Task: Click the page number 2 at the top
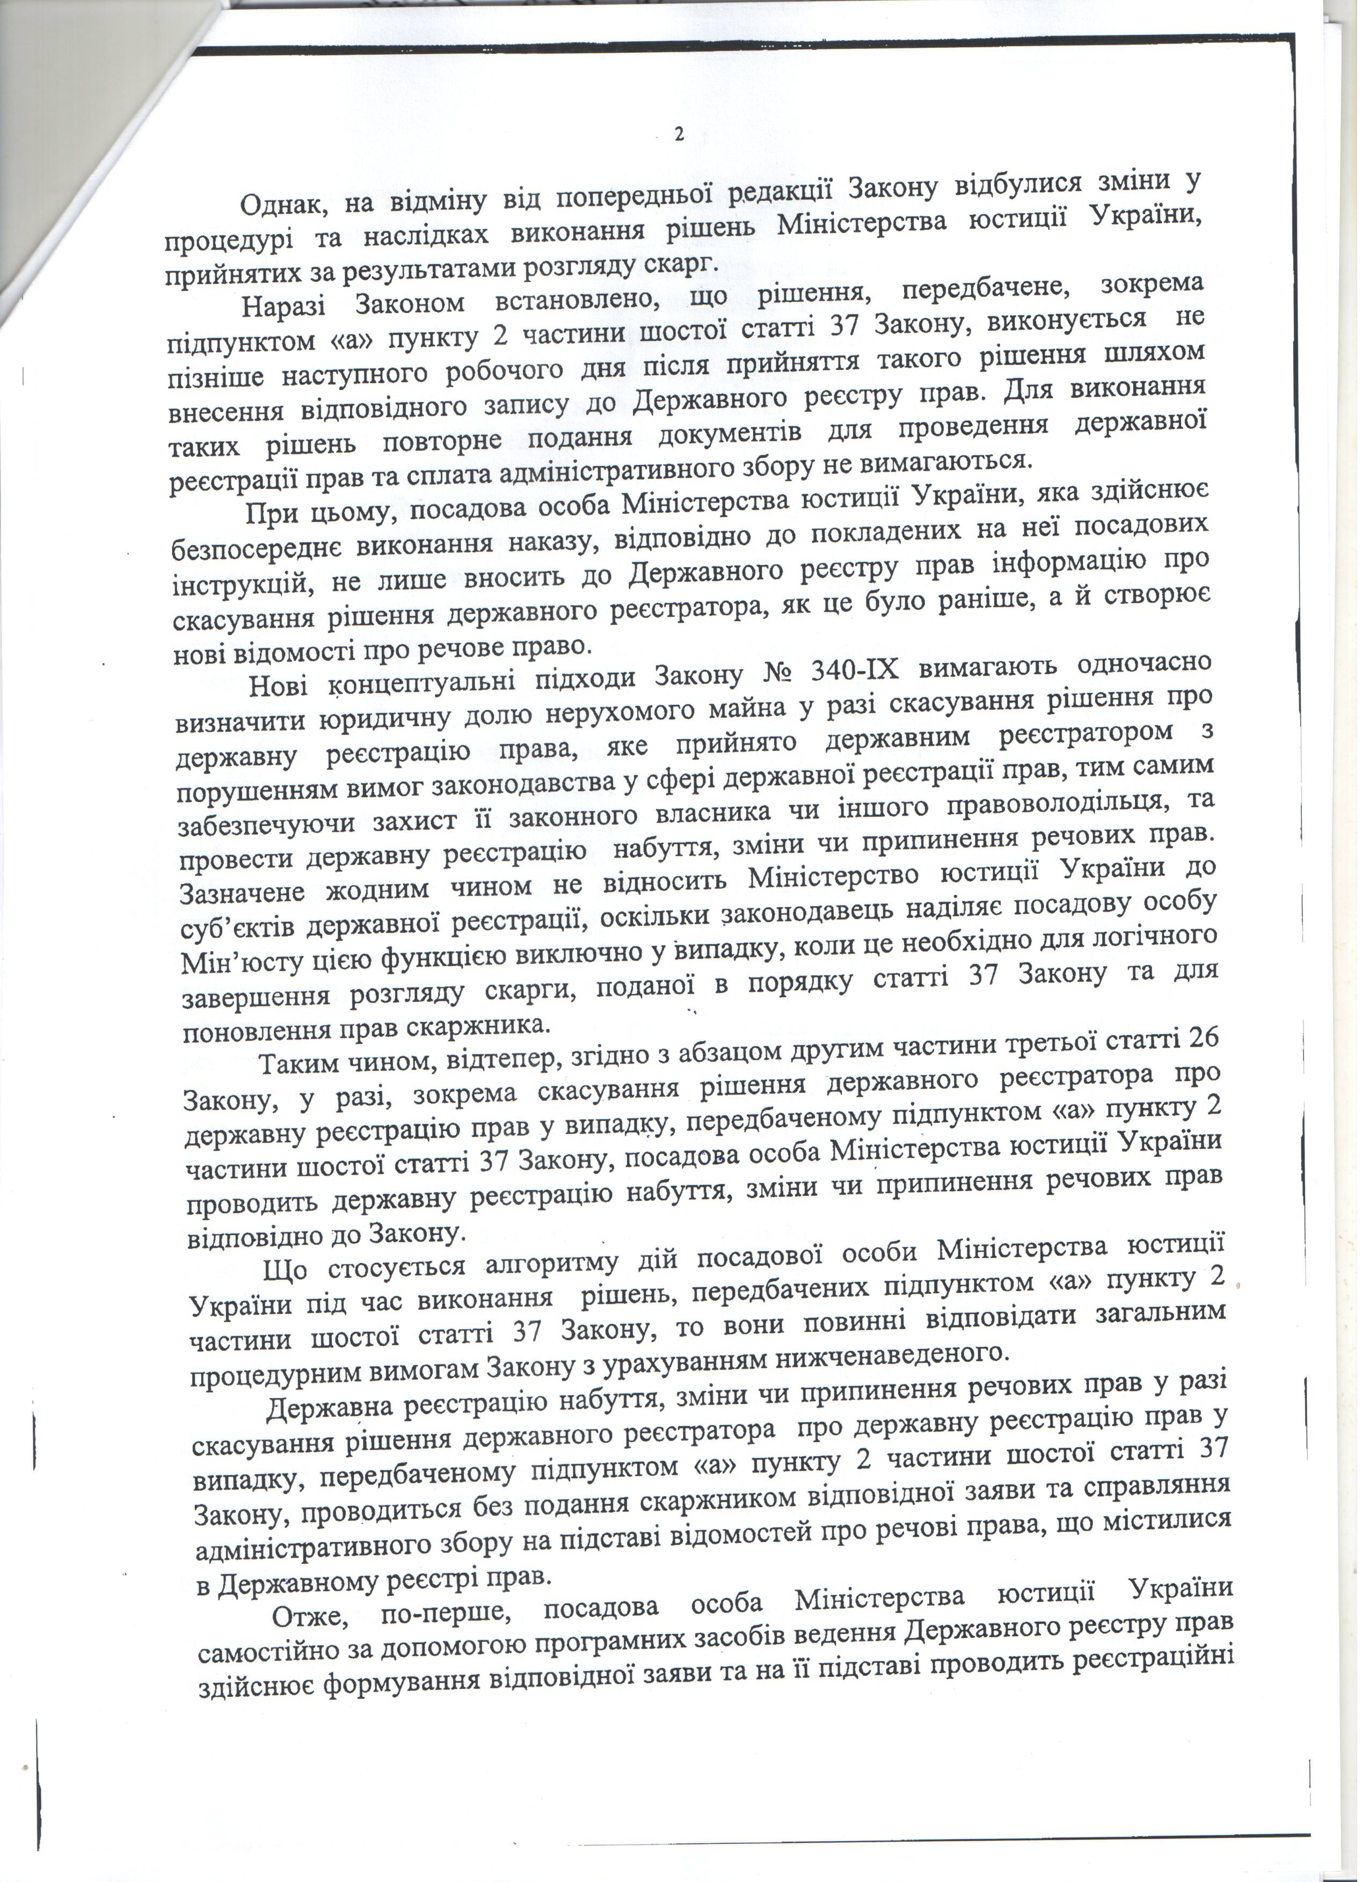coord(679,135)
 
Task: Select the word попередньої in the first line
coord(636,198)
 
